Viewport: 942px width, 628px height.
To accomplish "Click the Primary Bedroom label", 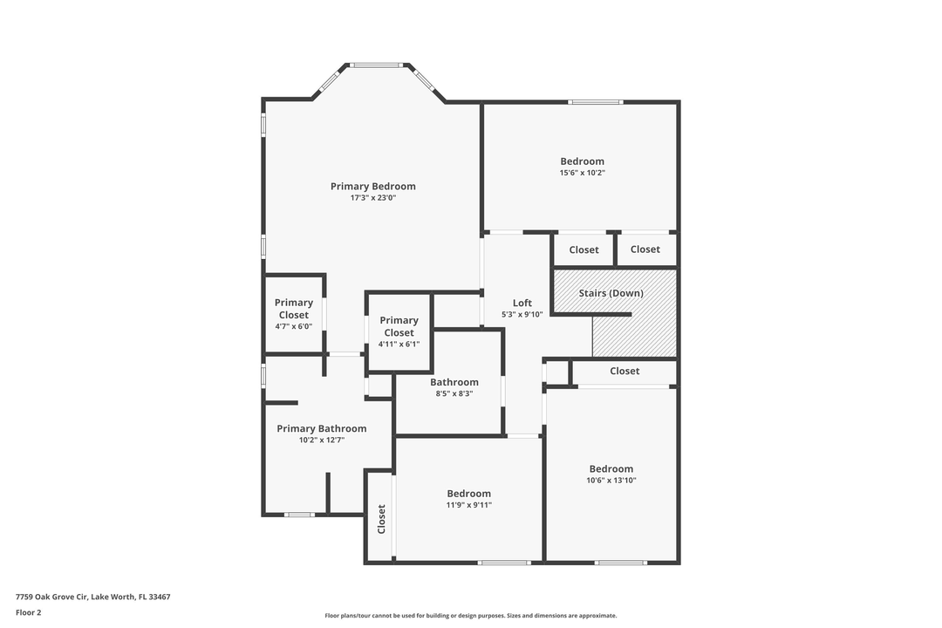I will pyautogui.click(x=372, y=186).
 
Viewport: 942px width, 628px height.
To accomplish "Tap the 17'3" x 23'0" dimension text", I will pyautogui.click(x=372, y=198).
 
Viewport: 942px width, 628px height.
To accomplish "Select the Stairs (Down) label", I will pyautogui.click(x=611, y=293).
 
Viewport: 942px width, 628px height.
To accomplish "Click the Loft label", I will pyautogui.click(x=522, y=303).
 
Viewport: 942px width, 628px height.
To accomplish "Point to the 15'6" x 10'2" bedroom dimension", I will pyautogui.click(x=582, y=173).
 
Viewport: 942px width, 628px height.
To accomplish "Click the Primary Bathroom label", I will pyautogui.click(x=321, y=428).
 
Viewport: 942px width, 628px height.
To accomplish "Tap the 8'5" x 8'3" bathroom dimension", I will pyautogui.click(x=454, y=393).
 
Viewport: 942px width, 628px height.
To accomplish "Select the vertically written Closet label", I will pyautogui.click(x=381, y=519).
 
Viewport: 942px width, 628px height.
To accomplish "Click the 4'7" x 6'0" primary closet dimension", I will pyautogui.click(x=293, y=326).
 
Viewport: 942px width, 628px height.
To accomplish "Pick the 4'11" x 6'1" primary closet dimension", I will pyautogui.click(x=399, y=344).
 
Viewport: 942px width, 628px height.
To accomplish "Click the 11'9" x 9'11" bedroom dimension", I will pyautogui.click(x=468, y=505).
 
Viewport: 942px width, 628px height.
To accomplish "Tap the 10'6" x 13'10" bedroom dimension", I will pyautogui.click(x=611, y=480).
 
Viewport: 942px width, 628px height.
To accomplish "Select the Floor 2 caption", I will pyautogui.click(x=28, y=612).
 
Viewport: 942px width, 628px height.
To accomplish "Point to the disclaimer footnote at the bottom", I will pyautogui.click(x=470, y=615).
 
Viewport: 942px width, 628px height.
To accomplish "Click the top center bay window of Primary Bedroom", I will pyautogui.click(x=377, y=65).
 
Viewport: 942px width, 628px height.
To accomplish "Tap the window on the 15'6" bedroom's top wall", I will pyautogui.click(x=595, y=102).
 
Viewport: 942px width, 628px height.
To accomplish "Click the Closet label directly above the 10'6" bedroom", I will pyautogui.click(x=625, y=371).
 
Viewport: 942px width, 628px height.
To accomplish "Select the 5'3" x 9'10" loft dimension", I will pyautogui.click(x=522, y=314).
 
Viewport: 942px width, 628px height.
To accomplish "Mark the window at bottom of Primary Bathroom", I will pyautogui.click(x=299, y=515).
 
